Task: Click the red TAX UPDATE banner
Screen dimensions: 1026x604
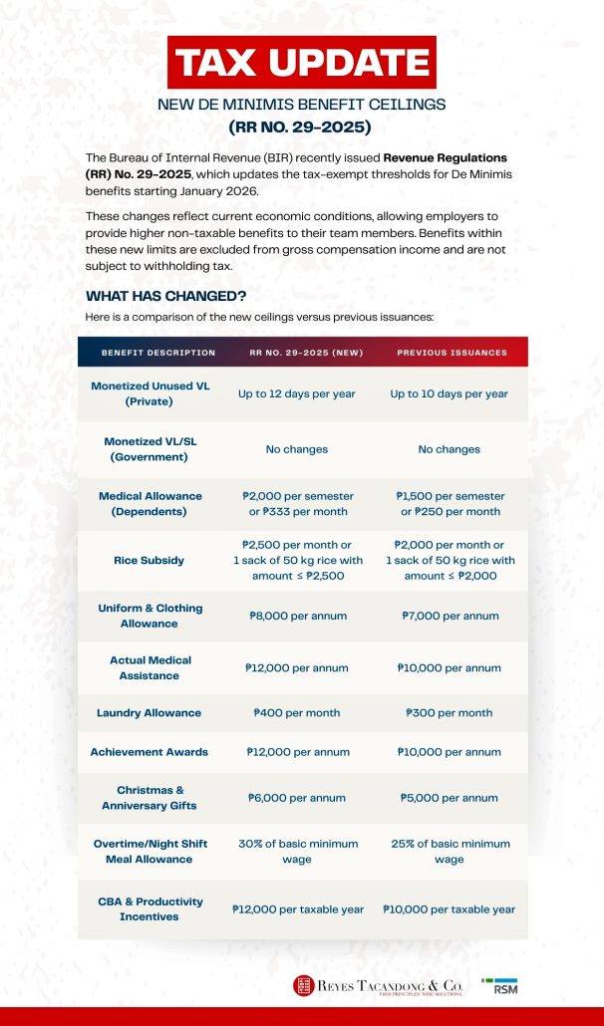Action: [302, 63]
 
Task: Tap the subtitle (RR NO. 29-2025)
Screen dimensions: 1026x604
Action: [301, 127]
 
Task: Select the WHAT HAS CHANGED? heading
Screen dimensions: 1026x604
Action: [166, 296]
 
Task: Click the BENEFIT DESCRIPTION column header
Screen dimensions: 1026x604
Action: [158, 353]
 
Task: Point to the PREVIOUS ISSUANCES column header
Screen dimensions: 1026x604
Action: [452, 353]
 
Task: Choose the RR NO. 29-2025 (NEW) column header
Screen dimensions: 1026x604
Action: [306, 353]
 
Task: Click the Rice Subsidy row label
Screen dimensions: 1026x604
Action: [150, 560]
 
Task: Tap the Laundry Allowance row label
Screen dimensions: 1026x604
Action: [150, 713]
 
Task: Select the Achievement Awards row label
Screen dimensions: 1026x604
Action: [150, 752]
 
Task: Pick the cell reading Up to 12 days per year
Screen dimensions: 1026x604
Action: [297, 393]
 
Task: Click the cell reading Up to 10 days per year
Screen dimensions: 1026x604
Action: [450, 393]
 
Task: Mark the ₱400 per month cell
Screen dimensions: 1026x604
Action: [297, 713]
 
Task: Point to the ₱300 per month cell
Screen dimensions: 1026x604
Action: [450, 713]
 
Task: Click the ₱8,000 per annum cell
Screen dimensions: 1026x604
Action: [297, 616]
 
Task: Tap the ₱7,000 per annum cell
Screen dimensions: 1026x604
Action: [450, 616]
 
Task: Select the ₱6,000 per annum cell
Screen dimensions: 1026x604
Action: [297, 798]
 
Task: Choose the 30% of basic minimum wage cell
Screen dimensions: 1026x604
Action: [297, 852]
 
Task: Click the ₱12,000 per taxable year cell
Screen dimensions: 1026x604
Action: [297, 909]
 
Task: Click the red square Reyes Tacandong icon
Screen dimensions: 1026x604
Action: [303, 986]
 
